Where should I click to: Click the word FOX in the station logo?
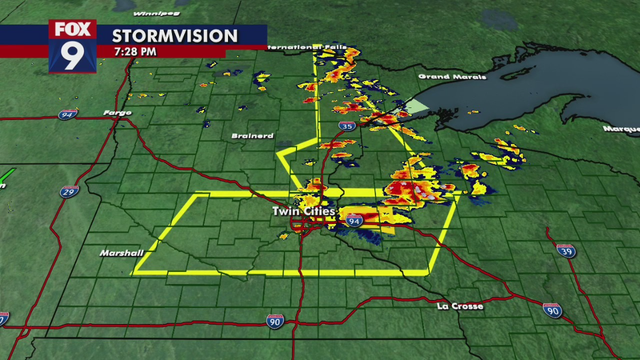pyautogui.click(x=72, y=29)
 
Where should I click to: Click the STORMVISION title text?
pyautogui.click(x=174, y=36)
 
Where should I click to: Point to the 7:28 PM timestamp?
pyautogui.click(x=134, y=52)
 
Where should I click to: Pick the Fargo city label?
pyautogui.click(x=118, y=112)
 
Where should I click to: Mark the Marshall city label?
pyautogui.click(x=120, y=254)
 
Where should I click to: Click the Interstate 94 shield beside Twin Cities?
pyautogui.click(x=355, y=217)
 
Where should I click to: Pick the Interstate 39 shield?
pyautogui.click(x=566, y=250)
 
